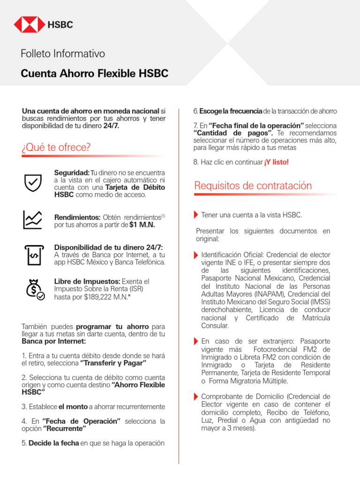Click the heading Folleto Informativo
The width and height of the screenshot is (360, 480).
[63, 53]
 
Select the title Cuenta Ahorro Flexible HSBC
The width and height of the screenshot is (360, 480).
[94, 74]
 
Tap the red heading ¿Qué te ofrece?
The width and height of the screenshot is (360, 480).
[56, 147]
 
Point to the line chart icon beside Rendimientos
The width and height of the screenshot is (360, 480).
[33, 219]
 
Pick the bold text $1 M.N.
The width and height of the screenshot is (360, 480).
[142, 225]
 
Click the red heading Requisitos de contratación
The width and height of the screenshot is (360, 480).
[253, 186]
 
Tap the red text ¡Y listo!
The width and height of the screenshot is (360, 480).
[277, 162]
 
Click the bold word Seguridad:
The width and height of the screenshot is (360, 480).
[72, 173]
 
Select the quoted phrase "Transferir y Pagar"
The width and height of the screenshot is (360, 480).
[113, 363]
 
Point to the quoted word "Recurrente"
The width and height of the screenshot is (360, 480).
[65, 429]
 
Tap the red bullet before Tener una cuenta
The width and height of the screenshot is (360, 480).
[195, 215]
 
